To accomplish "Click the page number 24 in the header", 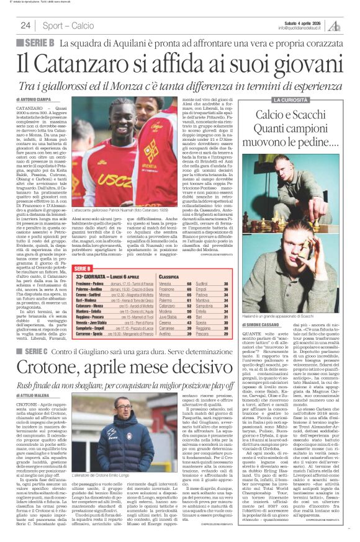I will click(26, 25).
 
